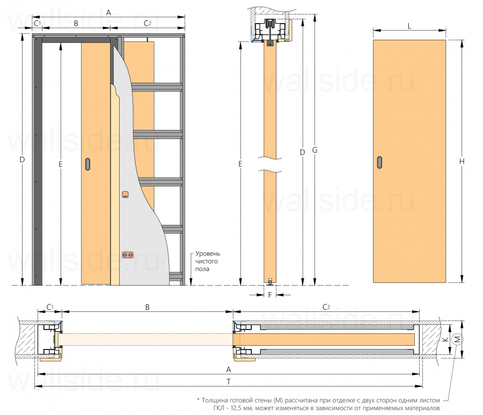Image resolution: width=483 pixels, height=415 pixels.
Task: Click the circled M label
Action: (x=457, y=339)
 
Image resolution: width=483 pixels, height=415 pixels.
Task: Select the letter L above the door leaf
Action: (x=409, y=25)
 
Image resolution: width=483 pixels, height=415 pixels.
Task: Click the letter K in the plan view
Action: (x=444, y=339)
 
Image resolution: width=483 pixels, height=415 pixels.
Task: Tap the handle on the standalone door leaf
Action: (x=380, y=163)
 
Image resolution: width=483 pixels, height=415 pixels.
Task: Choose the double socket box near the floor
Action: (x=127, y=256)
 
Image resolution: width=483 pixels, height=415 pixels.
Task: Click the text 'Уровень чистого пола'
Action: (x=208, y=261)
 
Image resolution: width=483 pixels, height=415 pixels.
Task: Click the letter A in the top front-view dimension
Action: (x=109, y=12)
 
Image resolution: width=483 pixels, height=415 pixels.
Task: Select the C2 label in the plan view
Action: (x=326, y=307)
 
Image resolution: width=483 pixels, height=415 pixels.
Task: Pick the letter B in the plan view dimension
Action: (x=147, y=307)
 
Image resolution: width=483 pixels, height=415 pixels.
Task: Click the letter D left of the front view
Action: (x=22, y=159)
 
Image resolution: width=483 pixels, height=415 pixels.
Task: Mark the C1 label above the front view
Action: (x=37, y=24)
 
